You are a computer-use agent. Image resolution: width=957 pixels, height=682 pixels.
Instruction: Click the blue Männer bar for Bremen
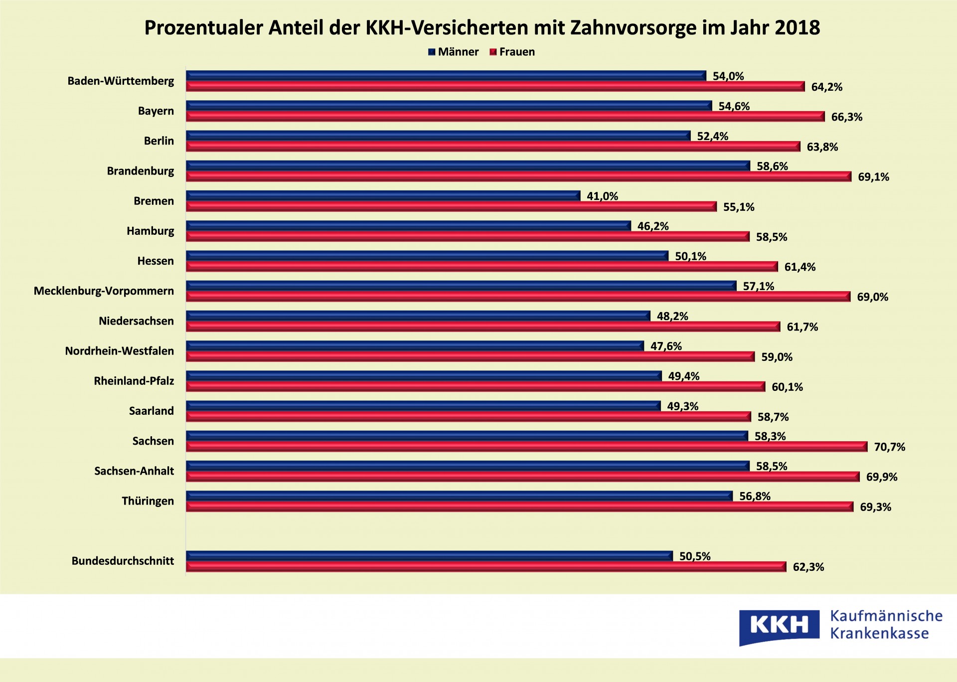coord(383,196)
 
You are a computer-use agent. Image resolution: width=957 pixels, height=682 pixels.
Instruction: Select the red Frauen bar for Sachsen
coord(526,447)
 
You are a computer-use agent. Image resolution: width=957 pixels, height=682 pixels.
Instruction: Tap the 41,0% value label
coord(602,196)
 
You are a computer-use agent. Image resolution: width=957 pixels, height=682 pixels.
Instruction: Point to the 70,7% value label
coord(889,447)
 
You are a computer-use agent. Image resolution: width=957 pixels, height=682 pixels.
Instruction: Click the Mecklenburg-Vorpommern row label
coord(104,291)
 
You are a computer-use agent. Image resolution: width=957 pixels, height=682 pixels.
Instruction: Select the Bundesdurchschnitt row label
coord(123,561)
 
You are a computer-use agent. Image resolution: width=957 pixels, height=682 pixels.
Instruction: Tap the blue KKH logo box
coord(779,626)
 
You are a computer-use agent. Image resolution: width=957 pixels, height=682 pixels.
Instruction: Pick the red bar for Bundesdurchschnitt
coord(486,567)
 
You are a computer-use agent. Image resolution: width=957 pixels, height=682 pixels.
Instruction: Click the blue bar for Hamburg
coord(408,226)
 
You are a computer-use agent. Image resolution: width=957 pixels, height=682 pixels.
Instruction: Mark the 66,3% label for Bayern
coord(846,117)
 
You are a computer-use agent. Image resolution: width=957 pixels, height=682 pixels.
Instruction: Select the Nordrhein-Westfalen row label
coord(120,351)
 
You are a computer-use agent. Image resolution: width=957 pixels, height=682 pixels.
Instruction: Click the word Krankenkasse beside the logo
coord(879,634)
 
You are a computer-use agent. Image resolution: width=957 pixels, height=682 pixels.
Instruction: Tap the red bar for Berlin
coord(493,147)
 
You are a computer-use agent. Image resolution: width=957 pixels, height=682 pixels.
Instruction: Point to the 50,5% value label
coord(695,556)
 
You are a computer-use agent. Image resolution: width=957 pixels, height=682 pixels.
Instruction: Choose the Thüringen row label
coord(148,501)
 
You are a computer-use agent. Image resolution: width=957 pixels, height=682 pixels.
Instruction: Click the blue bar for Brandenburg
coord(468,166)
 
